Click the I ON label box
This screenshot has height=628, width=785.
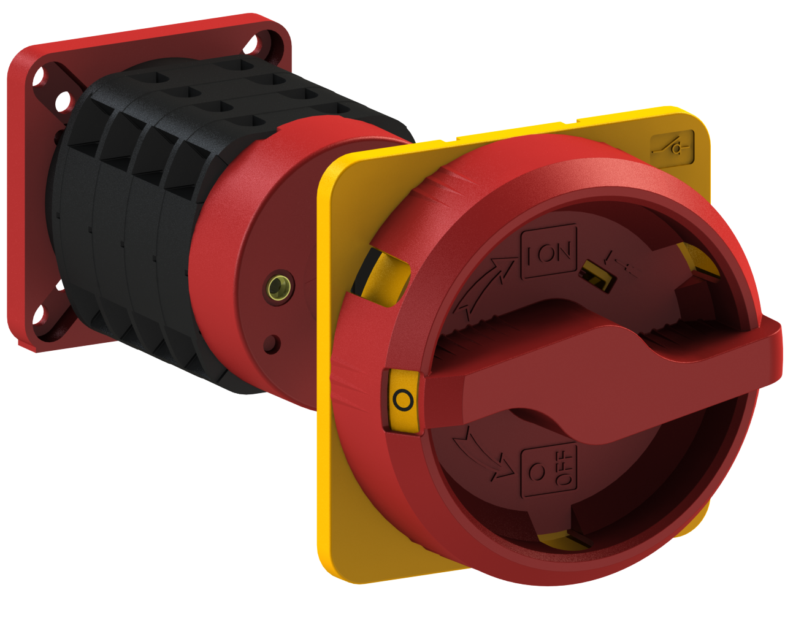[549, 252]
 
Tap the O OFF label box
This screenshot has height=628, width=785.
[549, 470]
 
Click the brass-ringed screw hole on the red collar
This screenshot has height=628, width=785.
[280, 286]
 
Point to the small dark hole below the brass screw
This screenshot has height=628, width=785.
[271, 344]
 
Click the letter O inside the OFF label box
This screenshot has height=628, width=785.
[537, 471]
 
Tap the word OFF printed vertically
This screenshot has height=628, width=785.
[565, 469]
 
